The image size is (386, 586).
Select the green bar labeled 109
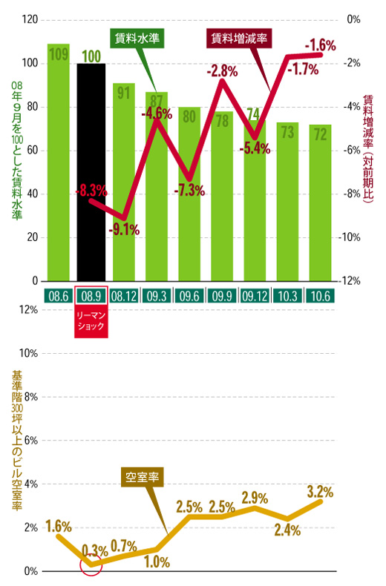[59, 163]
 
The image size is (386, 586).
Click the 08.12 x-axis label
[124, 295]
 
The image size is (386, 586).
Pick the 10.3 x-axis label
[288, 295]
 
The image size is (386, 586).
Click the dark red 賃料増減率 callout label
[236, 38]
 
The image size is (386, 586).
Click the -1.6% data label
[319, 45]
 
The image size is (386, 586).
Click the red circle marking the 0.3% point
[91, 565]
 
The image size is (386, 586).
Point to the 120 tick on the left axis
[30, 19]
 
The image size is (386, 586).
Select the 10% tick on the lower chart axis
[27, 353]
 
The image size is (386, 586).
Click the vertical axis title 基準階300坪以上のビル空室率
[17, 441]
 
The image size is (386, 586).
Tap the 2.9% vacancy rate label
[255, 497]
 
